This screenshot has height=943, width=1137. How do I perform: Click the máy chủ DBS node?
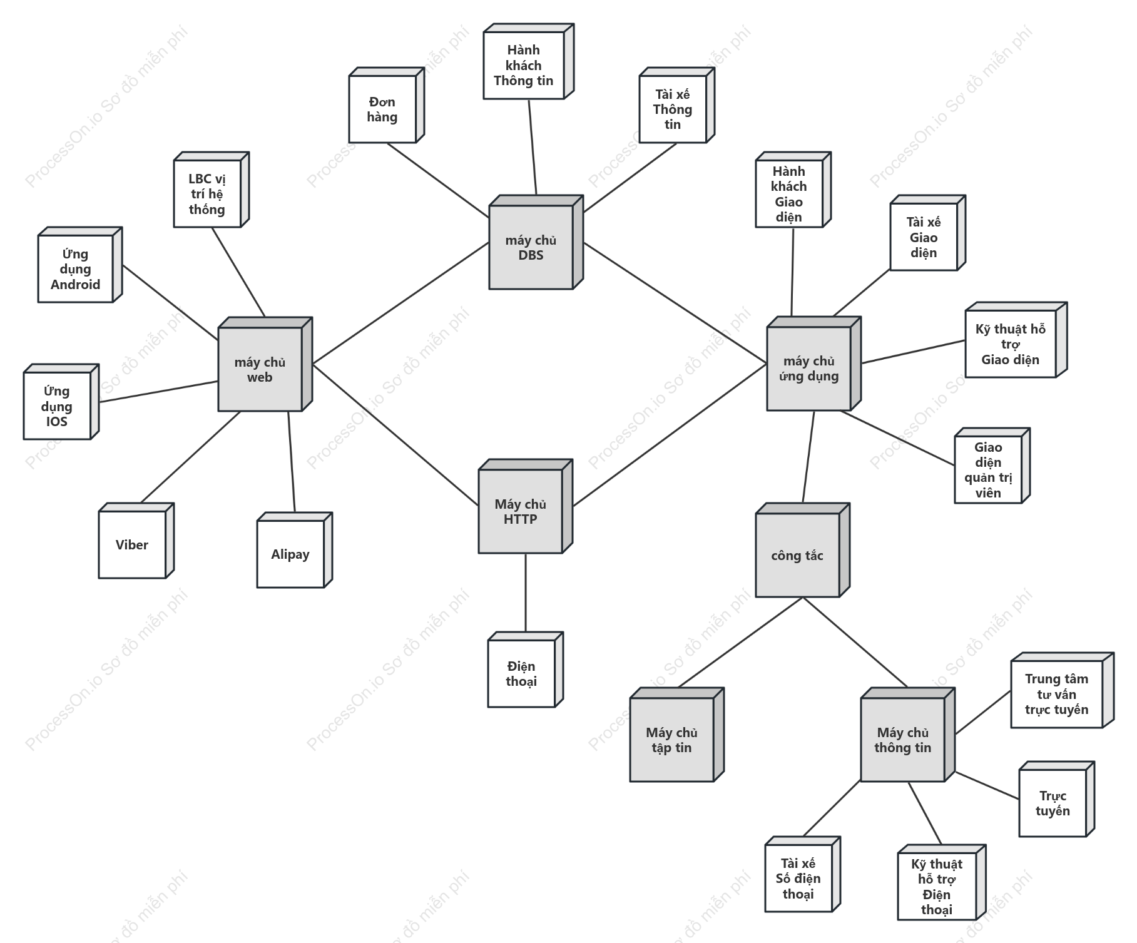(x=536, y=242)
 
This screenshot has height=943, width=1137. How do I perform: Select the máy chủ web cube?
(x=265, y=364)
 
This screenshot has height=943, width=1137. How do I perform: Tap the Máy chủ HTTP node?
(x=525, y=506)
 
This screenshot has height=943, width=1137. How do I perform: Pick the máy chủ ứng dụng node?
(x=813, y=364)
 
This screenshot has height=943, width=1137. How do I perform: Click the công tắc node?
(x=802, y=550)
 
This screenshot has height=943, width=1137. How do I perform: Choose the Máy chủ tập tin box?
(x=676, y=735)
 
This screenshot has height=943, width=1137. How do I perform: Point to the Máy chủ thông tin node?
(x=907, y=735)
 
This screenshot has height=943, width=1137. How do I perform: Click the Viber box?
(x=136, y=541)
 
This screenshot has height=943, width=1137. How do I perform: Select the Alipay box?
(x=294, y=550)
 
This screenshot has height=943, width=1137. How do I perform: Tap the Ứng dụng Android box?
(x=79, y=265)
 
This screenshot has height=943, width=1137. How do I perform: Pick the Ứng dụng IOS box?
(x=61, y=402)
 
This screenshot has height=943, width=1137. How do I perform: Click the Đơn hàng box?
(x=386, y=105)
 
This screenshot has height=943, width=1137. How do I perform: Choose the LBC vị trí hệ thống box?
(x=211, y=190)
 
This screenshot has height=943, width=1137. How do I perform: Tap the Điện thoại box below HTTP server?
(x=525, y=670)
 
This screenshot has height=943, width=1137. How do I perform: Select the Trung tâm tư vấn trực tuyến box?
(x=1062, y=690)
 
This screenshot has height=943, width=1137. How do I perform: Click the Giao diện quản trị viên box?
(x=992, y=466)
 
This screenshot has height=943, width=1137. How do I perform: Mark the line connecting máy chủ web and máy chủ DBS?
(x=400, y=303)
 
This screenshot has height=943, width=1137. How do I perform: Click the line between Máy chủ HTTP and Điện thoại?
(x=526, y=593)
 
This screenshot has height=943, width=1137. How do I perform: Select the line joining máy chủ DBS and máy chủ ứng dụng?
(x=675, y=303)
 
